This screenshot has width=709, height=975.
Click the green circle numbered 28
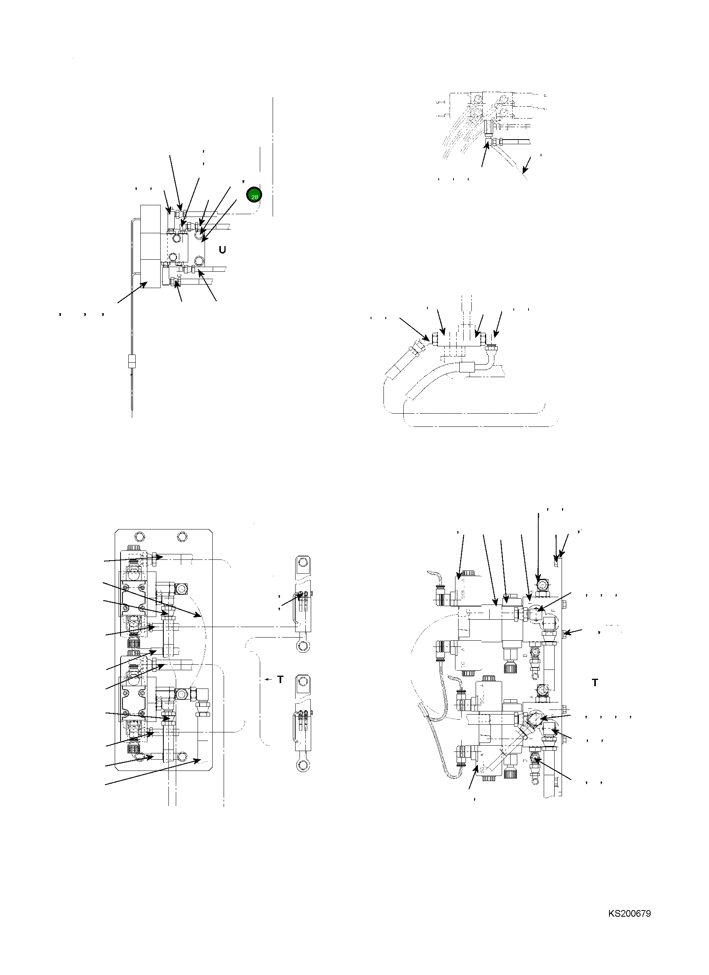click(254, 196)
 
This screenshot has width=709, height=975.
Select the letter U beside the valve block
click(222, 249)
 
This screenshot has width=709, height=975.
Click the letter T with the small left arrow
click(280, 679)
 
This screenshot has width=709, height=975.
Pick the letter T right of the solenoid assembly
click(595, 682)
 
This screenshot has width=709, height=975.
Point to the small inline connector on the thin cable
click(132, 362)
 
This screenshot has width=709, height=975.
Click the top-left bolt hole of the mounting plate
click(139, 536)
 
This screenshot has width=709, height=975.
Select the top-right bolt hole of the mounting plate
click(182, 536)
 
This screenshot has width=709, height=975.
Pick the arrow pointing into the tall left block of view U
click(144, 284)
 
